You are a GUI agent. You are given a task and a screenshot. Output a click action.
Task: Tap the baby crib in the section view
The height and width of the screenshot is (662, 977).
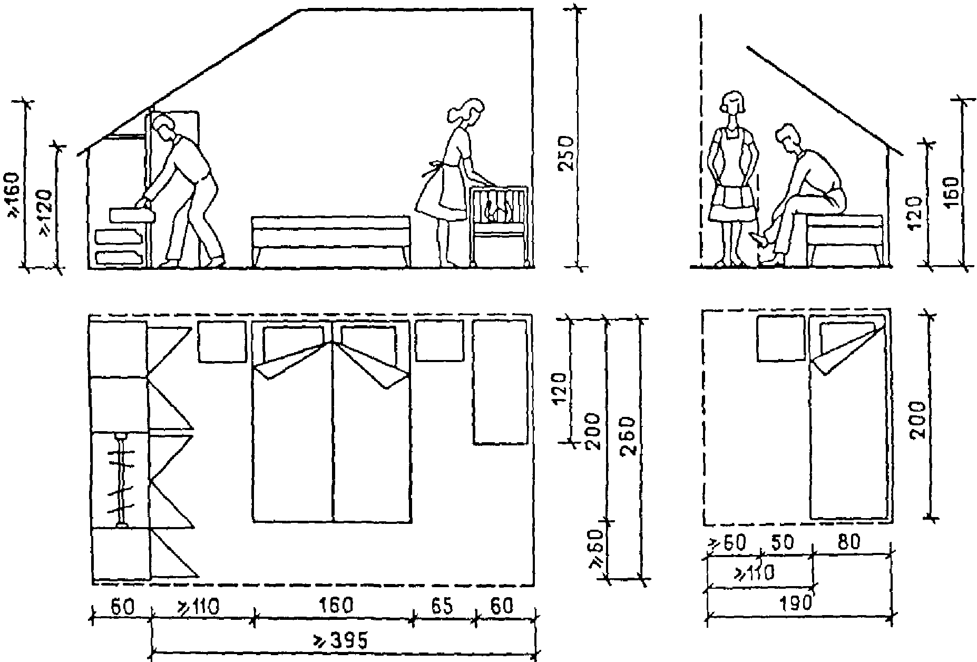(x=500, y=224)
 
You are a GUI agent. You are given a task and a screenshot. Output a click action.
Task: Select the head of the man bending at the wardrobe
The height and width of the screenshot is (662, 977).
(x=165, y=128)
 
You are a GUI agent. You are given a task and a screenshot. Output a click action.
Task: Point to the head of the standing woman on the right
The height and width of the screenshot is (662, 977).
(x=733, y=104)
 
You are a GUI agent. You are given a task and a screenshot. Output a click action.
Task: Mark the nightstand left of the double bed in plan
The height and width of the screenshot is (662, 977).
(x=222, y=342)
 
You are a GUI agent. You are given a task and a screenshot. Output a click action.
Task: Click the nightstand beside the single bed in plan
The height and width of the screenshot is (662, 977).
(x=780, y=338)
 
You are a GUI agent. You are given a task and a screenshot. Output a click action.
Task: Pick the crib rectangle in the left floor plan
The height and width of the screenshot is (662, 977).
(x=500, y=382)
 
